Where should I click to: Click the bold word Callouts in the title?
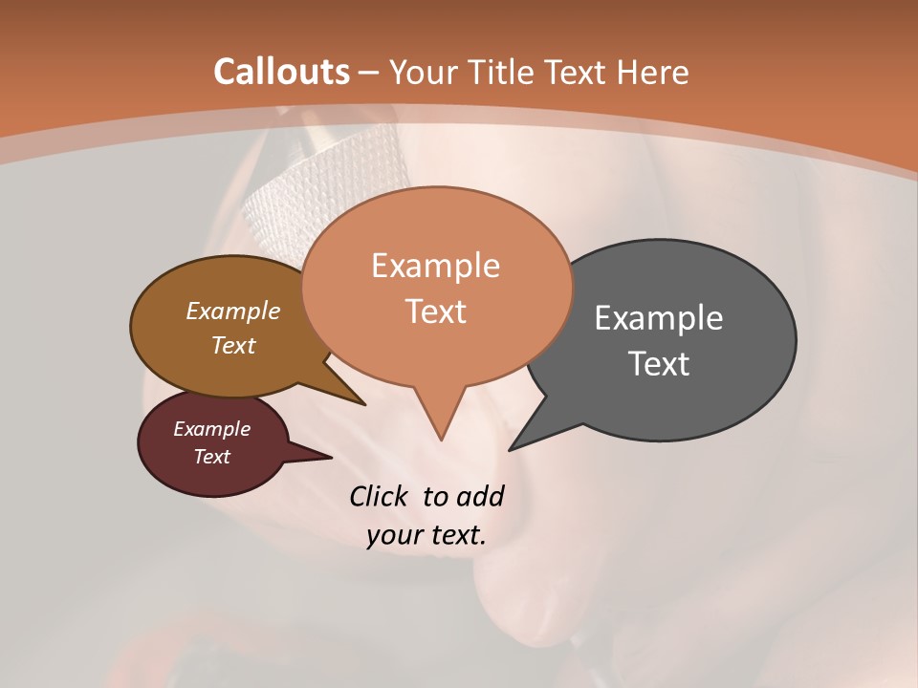[281, 72]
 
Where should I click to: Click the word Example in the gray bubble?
[659, 318]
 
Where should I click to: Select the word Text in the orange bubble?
[436, 312]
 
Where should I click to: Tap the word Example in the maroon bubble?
[211, 429]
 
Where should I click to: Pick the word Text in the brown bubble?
[233, 345]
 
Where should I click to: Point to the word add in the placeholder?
[479, 497]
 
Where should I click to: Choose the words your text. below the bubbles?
[426, 536]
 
